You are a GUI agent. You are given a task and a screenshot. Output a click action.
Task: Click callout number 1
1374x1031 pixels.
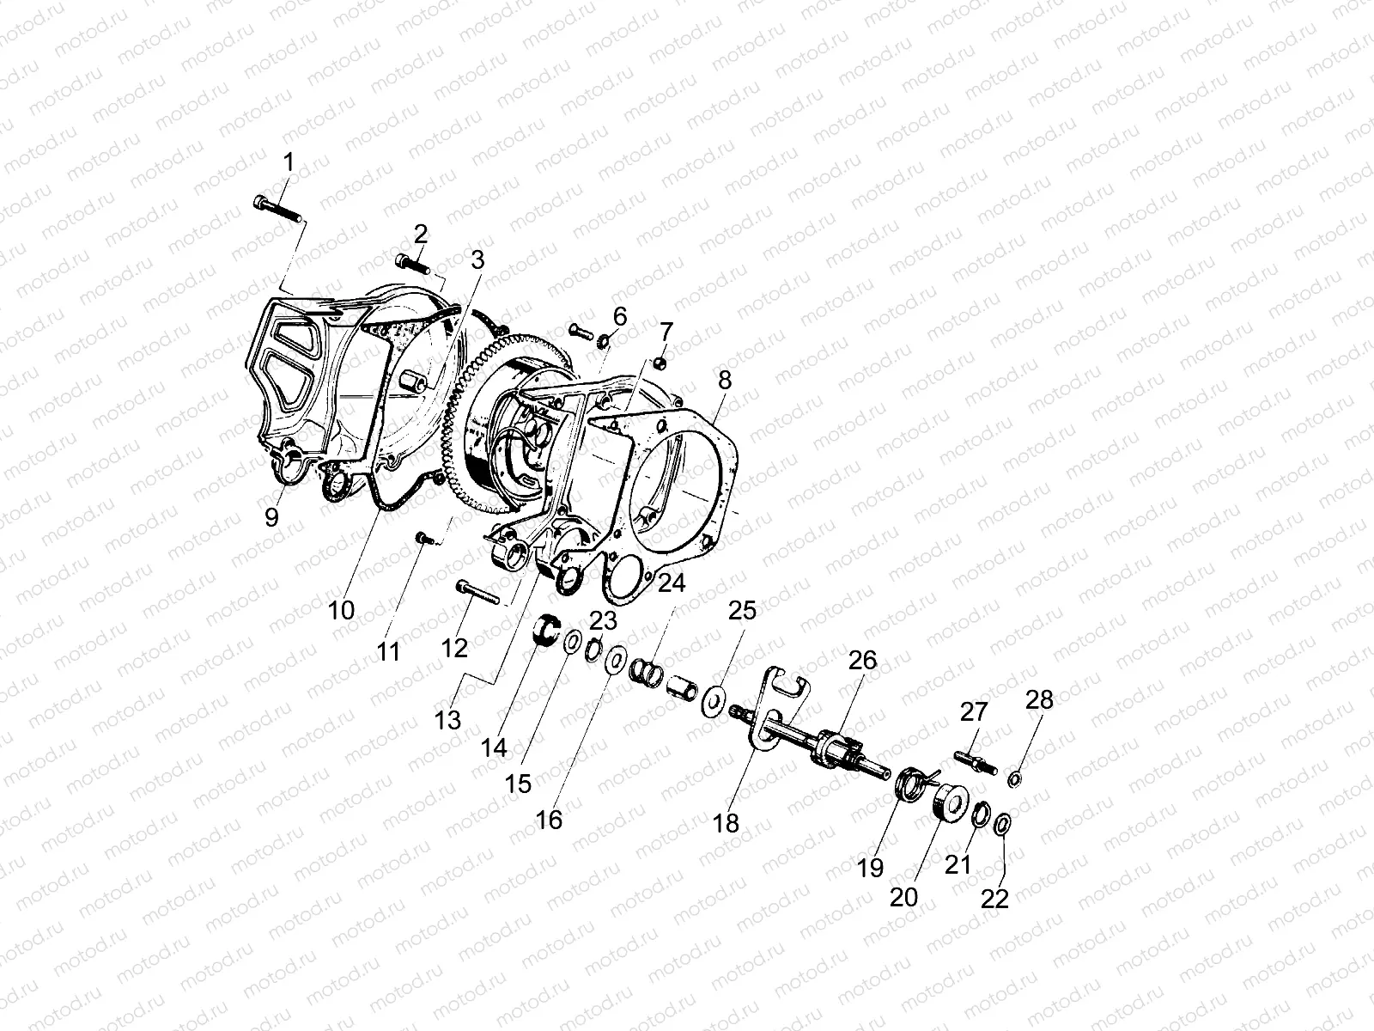pos(289,162)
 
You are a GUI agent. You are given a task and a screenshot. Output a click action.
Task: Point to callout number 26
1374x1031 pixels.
pos(863,661)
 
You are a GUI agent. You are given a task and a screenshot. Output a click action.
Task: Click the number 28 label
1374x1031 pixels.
pos(1038,700)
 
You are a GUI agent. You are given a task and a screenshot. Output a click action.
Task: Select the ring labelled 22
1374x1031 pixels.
pos(1001,826)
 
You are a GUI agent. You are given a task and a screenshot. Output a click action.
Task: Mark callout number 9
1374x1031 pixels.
pos(271,517)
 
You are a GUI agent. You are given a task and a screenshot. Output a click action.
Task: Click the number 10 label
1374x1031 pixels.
pos(341,611)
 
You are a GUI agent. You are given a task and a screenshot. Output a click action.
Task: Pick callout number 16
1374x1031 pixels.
pos(549,820)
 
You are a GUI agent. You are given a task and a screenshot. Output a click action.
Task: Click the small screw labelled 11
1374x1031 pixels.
pos(422,537)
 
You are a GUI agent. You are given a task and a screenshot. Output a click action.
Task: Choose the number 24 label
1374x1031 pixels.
pos(672,584)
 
